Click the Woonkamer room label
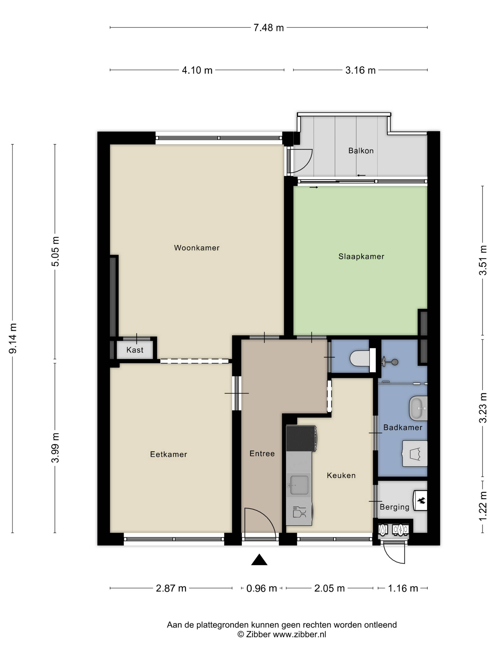pyautogui.click(x=197, y=248)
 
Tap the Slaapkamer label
pyautogui.click(x=361, y=256)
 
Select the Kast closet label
pyautogui.click(x=135, y=350)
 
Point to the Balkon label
pyautogui.click(x=361, y=151)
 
